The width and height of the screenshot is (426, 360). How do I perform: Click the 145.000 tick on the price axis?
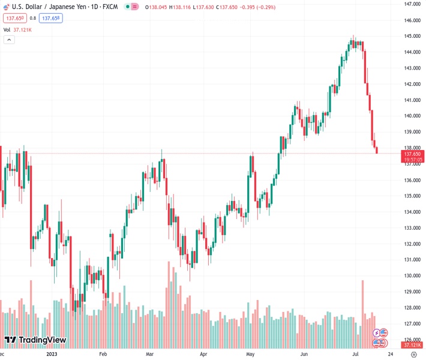[412, 36]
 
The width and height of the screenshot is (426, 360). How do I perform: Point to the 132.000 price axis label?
[412, 244]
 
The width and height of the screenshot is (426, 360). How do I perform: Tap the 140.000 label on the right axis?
[412, 116]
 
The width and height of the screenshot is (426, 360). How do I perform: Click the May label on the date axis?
[251, 354]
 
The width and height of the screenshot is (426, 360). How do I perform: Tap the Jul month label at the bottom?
[355, 354]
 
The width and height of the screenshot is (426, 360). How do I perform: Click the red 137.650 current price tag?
[413, 154]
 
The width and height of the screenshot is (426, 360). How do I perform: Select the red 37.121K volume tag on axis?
[413, 345]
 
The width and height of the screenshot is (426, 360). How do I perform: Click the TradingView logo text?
[42, 340]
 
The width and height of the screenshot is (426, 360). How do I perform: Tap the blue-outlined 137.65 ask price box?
[52, 18]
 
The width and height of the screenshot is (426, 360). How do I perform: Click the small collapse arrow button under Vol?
[9, 40]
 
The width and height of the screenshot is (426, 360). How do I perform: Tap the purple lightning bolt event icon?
[377, 333]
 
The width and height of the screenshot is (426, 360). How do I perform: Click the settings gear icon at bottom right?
[413, 354]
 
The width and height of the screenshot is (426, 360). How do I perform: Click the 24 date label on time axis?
[391, 354]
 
